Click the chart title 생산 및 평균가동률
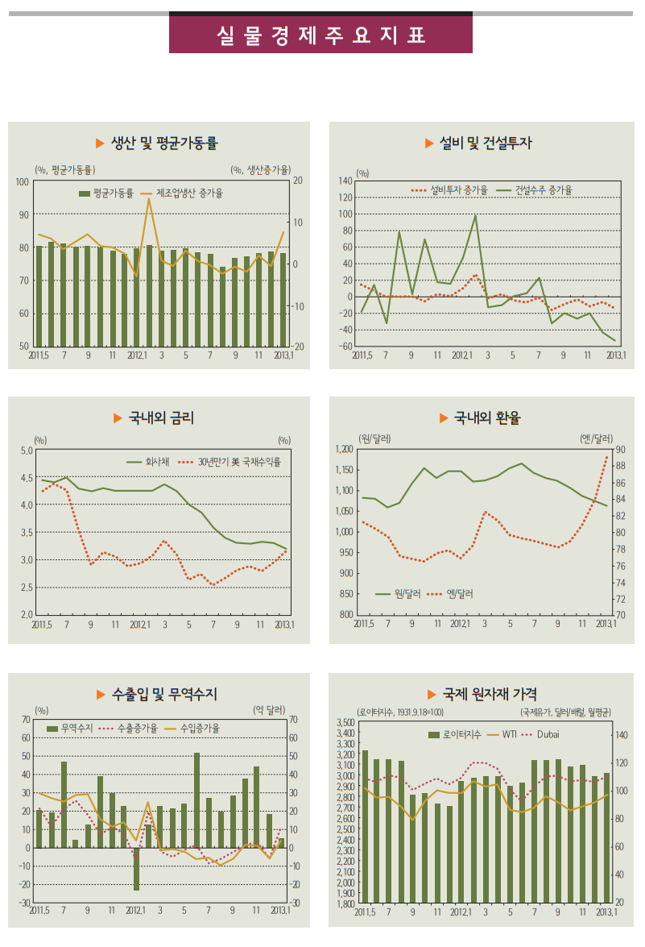tap(164, 143)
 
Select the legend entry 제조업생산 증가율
tap(188, 193)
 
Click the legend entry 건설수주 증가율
tap(548, 190)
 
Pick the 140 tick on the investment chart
tap(346, 181)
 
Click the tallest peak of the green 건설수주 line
tap(475, 215)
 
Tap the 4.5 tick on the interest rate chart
tap(26, 478)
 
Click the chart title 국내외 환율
tap(487, 417)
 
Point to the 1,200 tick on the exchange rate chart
tap(343, 449)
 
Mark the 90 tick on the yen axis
tap(623, 449)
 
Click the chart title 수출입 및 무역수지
tap(164, 694)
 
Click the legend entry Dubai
tap(548, 734)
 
